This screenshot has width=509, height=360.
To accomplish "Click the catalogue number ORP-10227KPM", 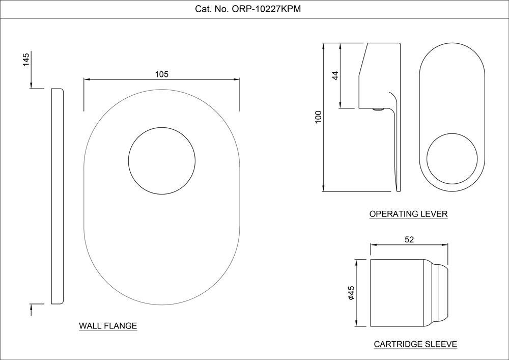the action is pyautogui.click(x=266, y=9).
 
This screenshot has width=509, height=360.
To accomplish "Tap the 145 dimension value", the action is pyautogui.click(x=26, y=60).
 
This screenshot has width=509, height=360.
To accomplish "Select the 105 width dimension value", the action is pyautogui.click(x=162, y=74).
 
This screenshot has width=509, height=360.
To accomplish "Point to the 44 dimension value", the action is pyautogui.click(x=335, y=75).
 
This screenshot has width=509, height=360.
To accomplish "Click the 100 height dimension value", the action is pyautogui.click(x=318, y=117).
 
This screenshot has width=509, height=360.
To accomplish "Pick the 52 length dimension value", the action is pyautogui.click(x=409, y=239).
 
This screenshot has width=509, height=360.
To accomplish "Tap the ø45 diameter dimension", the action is pyautogui.click(x=351, y=293).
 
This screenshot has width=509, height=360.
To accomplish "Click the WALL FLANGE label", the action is pyautogui.click(x=108, y=325).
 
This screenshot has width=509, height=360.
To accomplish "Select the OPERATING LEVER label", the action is pyautogui.click(x=408, y=214).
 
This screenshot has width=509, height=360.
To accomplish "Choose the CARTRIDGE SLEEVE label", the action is pyautogui.click(x=415, y=344).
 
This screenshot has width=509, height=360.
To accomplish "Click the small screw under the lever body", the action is pyautogui.click(x=378, y=110).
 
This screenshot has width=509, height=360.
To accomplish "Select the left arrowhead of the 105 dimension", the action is pyautogui.click(x=87, y=79).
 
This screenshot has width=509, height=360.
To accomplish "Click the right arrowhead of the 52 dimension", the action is pyautogui.click(x=445, y=245).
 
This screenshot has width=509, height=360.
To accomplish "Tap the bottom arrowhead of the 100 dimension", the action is pyautogui.click(x=323, y=188).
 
